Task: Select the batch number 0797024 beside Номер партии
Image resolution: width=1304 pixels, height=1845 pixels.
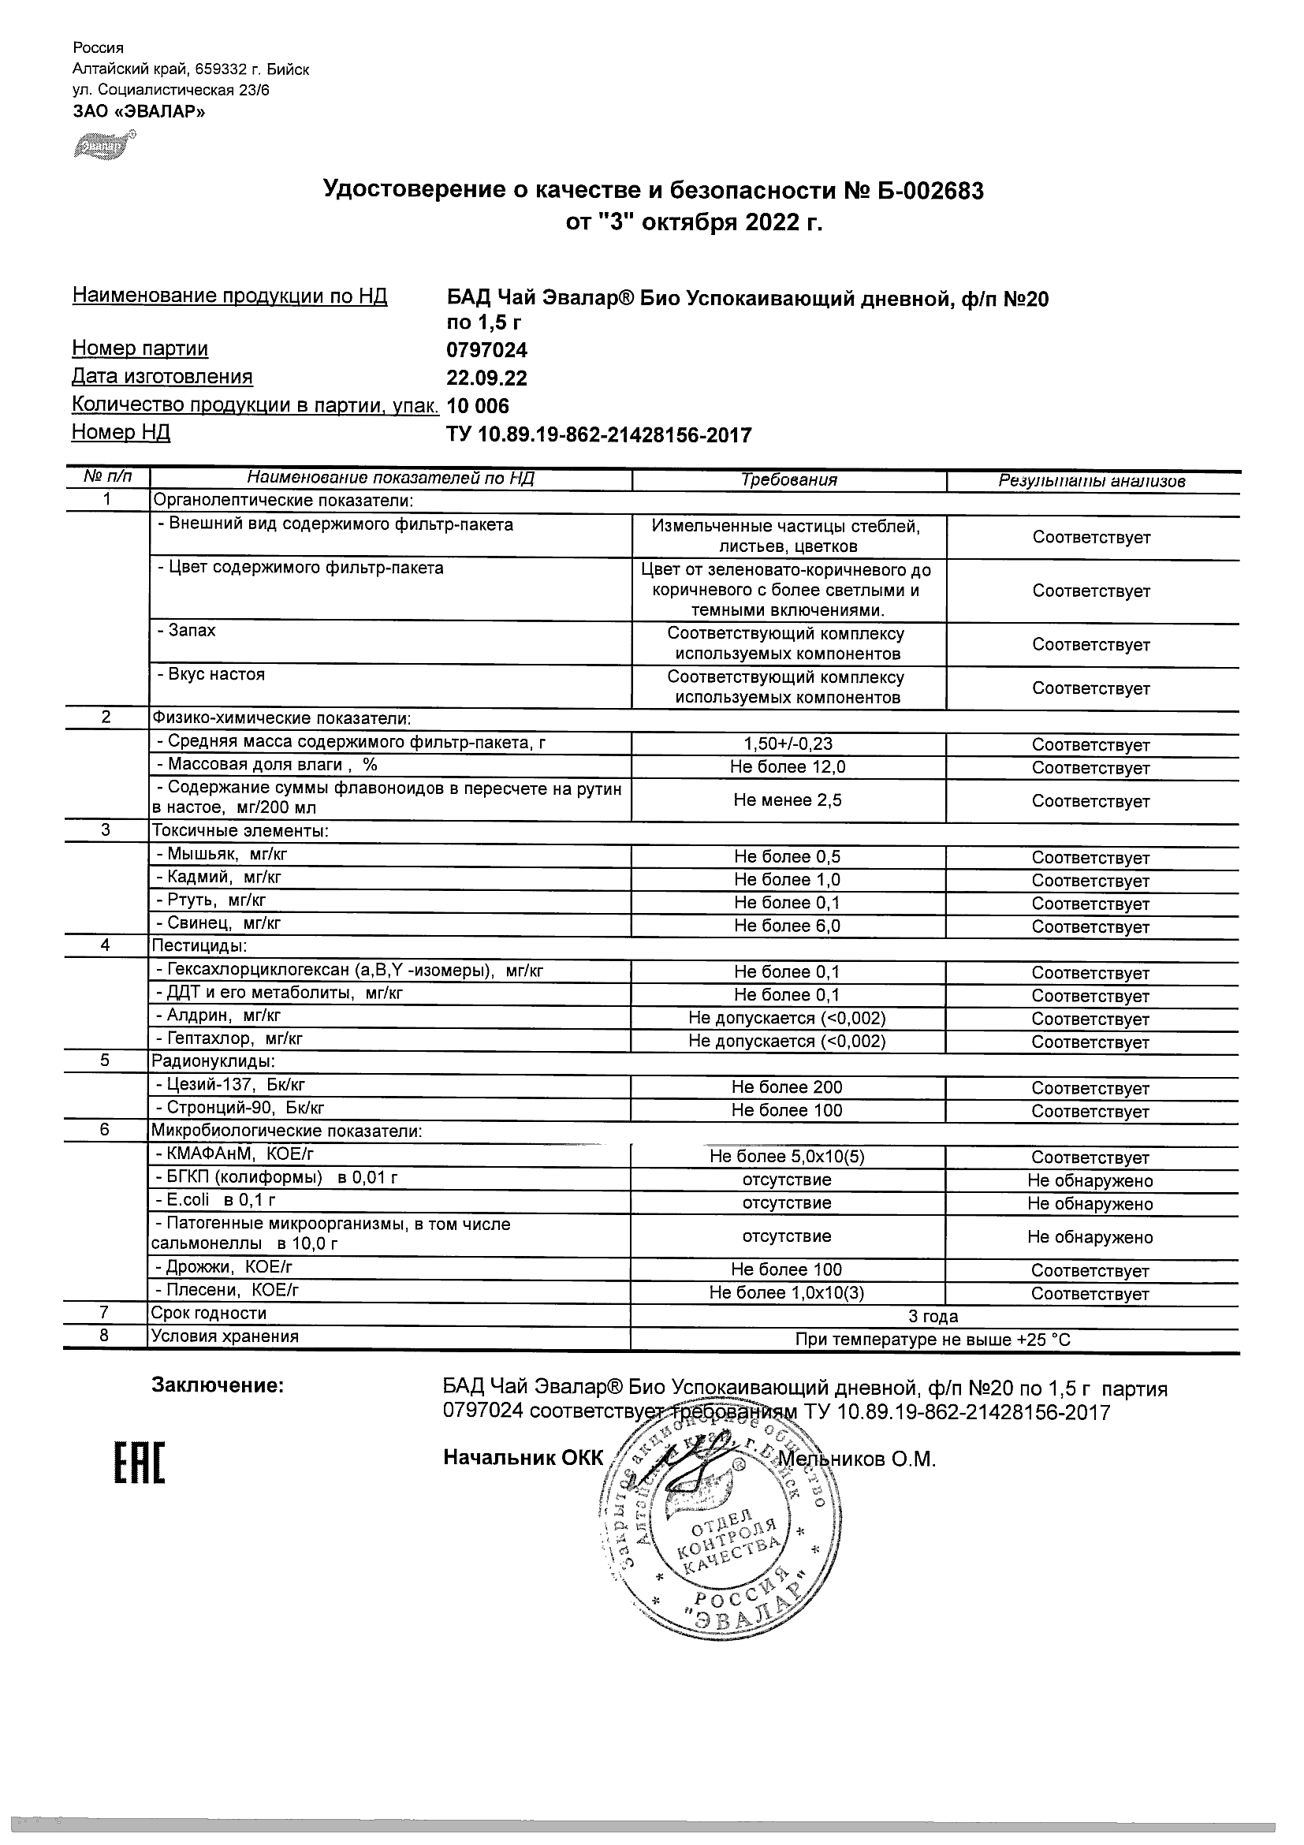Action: point(487,350)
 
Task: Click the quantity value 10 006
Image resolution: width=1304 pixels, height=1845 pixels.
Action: point(477,406)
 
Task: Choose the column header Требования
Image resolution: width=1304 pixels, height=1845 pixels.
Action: point(788,479)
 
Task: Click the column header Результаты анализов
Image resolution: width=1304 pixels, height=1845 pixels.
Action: point(1091,480)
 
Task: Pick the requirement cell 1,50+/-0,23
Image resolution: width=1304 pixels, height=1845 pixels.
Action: point(788,745)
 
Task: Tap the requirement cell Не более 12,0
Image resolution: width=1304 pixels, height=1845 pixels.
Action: point(788,767)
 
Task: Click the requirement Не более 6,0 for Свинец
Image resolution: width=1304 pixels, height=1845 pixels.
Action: point(788,926)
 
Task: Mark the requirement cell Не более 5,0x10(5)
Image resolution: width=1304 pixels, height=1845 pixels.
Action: point(788,1157)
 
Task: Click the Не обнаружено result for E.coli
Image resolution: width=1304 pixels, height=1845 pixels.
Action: point(1090,1204)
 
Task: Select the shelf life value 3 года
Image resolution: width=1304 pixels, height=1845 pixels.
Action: point(933,1316)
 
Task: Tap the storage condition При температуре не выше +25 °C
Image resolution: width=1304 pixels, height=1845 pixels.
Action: point(933,1340)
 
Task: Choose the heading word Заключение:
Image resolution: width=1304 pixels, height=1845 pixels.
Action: point(218,1386)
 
